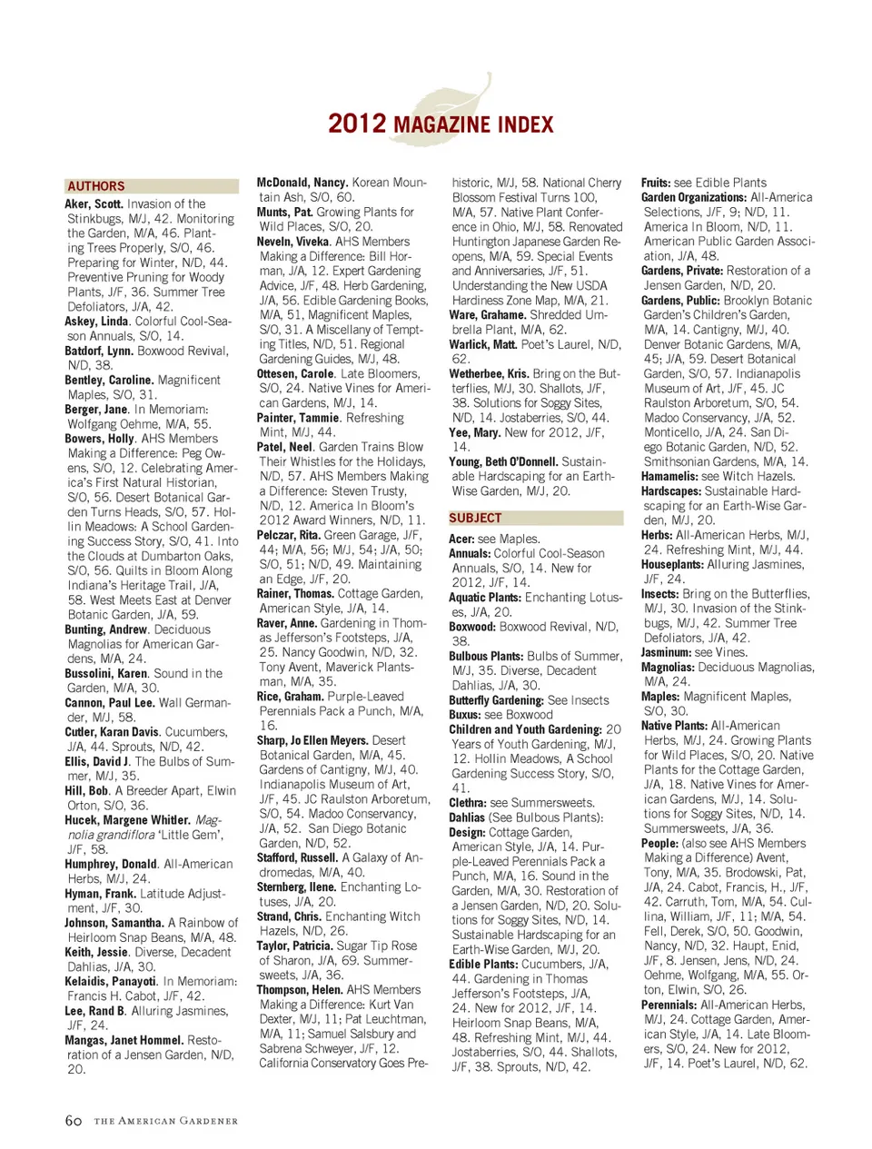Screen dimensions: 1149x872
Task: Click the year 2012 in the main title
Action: (x=357, y=124)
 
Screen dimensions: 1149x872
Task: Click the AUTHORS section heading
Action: (x=95, y=186)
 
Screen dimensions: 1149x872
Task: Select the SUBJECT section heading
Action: (x=475, y=518)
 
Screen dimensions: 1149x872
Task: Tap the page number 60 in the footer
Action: (x=74, y=1121)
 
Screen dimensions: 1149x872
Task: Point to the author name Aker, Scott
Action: (x=94, y=204)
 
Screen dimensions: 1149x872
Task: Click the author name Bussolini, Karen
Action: (x=105, y=673)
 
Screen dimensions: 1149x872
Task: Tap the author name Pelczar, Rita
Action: (x=289, y=535)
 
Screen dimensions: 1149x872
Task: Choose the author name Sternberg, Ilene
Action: (x=296, y=887)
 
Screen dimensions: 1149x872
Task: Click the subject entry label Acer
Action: (x=461, y=539)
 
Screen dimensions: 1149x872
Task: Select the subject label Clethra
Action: (x=468, y=803)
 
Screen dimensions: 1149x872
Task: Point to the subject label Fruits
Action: (x=655, y=183)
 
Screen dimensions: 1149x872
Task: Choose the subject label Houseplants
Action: (x=672, y=564)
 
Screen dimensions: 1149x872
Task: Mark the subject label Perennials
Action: (x=669, y=1005)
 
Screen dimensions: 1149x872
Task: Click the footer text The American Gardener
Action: (x=165, y=1122)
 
